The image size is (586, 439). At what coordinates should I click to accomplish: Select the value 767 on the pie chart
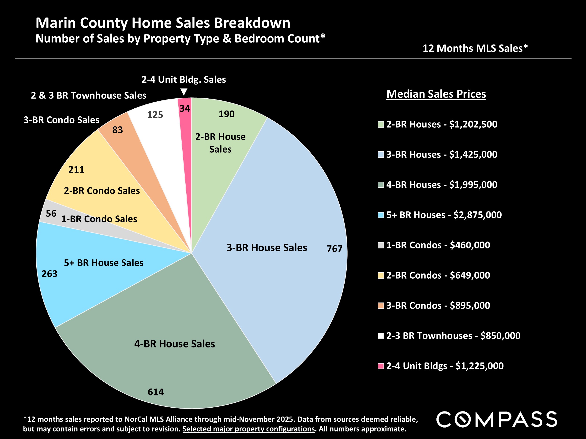pyautogui.click(x=334, y=249)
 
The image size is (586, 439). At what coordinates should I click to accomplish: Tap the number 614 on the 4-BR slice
pyautogui.click(x=156, y=392)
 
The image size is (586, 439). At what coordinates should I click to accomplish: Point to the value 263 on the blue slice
pyautogui.click(x=49, y=274)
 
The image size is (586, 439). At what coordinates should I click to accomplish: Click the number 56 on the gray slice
pyautogui.click(x=51, y=213)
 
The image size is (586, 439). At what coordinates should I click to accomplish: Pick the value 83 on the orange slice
pyautogui.click(x=118, y=130)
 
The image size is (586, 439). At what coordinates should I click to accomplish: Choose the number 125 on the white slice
pyautogui.click(x=155, y=114)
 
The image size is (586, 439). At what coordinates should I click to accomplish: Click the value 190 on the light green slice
pyautogui.click(x=226, y=114)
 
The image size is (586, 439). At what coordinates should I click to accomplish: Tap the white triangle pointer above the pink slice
pyautogui.click(x=184, y=92)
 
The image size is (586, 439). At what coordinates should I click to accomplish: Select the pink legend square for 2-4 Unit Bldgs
pyautogui.click(x=381, y=366)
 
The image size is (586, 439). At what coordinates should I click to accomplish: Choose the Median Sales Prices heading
pyautogui.click(x=436, y=94)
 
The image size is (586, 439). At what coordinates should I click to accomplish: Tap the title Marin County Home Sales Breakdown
pyautogui.click(x=163, y=23)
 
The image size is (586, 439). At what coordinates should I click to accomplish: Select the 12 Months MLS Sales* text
pyautogui.click(x=475, y=48)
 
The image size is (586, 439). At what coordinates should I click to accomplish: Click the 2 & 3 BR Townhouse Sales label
pyautogui.click(x=88, y=95)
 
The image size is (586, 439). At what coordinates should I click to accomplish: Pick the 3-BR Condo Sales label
pyautogui.click(x=61, y=120)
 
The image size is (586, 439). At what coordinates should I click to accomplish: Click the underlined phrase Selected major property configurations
pyautogui.click(x=248, y=429)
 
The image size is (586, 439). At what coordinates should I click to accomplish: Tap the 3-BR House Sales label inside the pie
pyautogui.click(x=267, y=248)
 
